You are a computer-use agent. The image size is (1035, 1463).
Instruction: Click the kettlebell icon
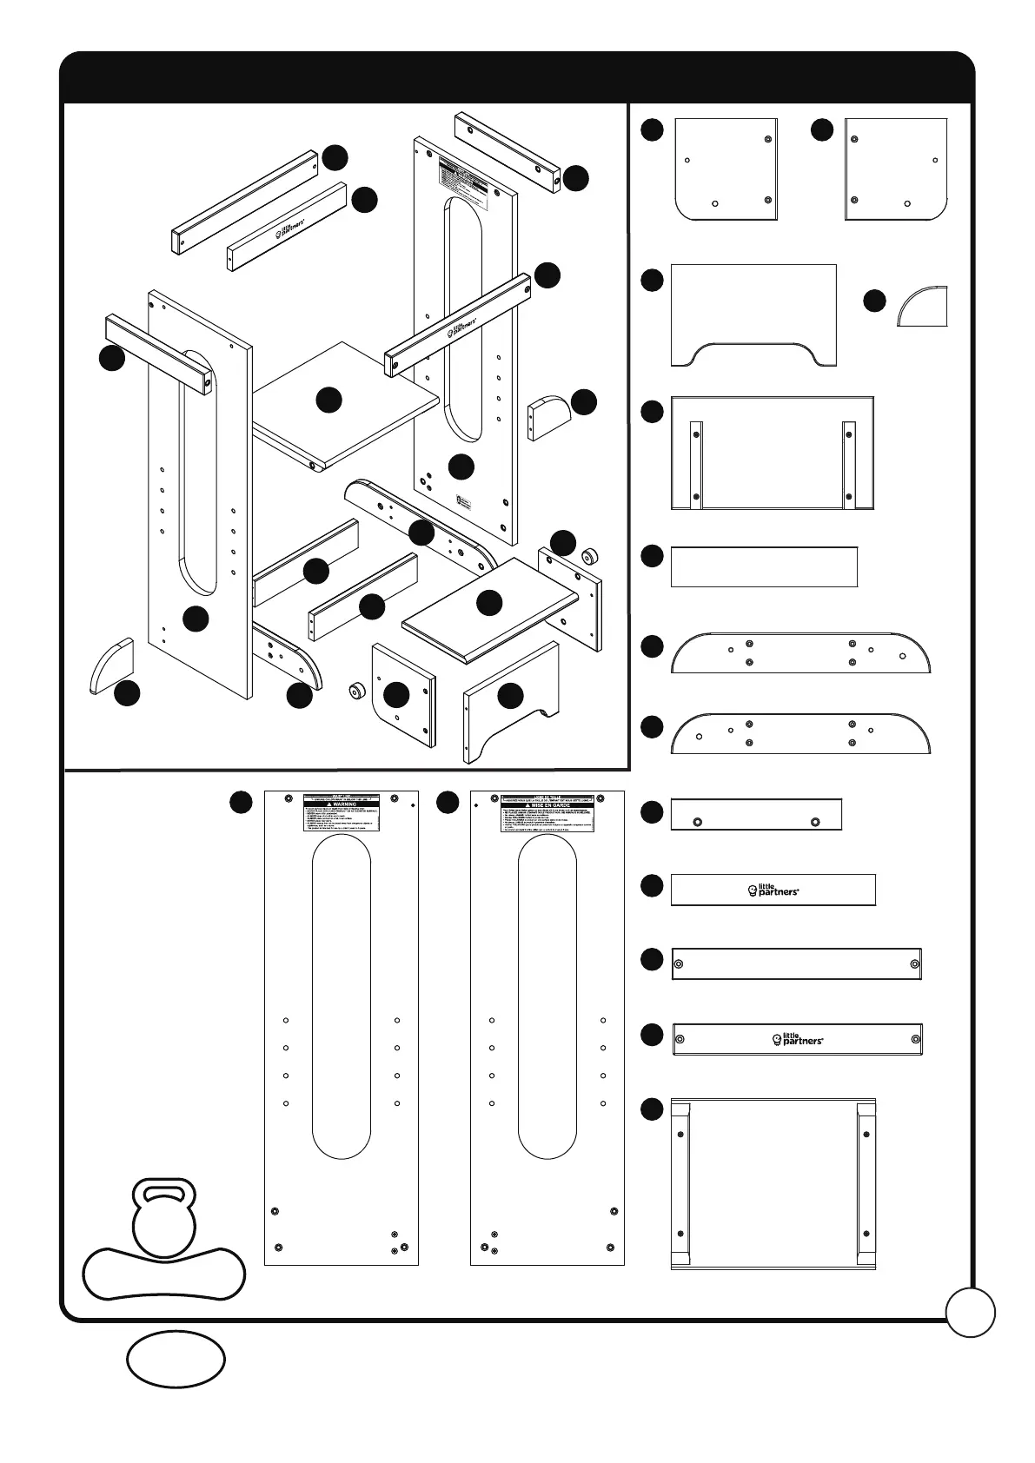click(164, 1217)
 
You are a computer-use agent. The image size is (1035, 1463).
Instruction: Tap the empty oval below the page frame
click(176, 1359)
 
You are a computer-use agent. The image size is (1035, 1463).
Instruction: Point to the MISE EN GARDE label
click(547, 804)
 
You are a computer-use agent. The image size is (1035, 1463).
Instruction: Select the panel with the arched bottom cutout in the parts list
click(753, 314)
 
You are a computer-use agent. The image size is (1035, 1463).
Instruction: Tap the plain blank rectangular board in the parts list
click(764, 566)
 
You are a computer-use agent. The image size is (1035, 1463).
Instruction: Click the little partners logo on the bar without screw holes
click(773, 890)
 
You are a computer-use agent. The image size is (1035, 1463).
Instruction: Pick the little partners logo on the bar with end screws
click(798, 1039)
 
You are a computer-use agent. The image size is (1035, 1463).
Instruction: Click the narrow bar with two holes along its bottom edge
click(756, 814)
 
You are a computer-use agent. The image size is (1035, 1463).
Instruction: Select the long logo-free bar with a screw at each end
click(796, 964)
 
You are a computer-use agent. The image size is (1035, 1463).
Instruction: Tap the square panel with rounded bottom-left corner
click(726, 169)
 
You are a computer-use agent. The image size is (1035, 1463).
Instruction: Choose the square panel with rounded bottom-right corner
click(896, 169)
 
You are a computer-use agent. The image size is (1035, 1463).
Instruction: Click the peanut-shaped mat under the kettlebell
click(164, 1274)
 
